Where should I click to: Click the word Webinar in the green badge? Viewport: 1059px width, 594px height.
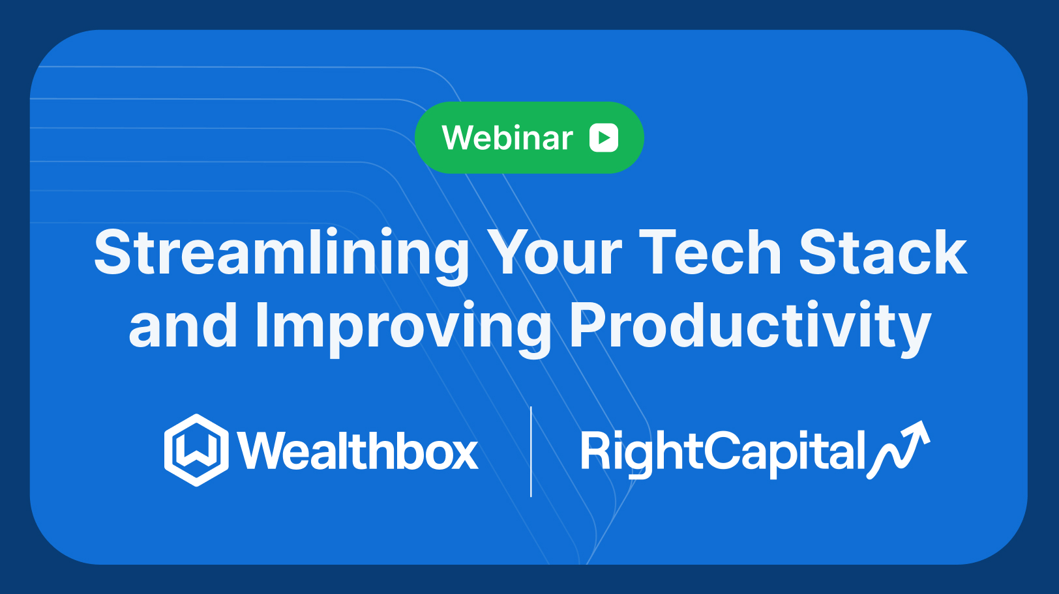pyautogui.click(x=507, y=138)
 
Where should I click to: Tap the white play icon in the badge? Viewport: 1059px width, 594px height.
pyautogui.click(x=604, y=138)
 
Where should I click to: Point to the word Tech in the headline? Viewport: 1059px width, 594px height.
pyautogui.click(x=709, y=253)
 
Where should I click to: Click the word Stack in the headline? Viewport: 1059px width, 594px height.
pyautogui.click(x=883, y=253)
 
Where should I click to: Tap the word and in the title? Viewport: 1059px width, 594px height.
pyautogui.click(x=183, y=326)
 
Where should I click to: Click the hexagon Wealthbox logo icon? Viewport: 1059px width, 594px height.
pyautogui.click(x=196, y=450)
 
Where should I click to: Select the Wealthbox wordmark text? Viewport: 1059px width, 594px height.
pyautogui.click(x=358, y=451)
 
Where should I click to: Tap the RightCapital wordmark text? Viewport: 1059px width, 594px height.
pyautogui.click(x=723, y=451)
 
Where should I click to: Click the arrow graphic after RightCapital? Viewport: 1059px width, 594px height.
pyautogui.click(x=900, y=449)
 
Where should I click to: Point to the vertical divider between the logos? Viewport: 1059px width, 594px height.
pyautogui.click(x=531, y=451)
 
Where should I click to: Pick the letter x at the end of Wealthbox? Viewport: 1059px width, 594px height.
pyautogui.click(x=464, y=453)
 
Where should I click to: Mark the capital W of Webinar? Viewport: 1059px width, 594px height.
pyautogui.click(x=458, y=138)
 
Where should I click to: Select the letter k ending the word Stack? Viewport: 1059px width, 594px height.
pyautogui.click(x=949, y=253)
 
